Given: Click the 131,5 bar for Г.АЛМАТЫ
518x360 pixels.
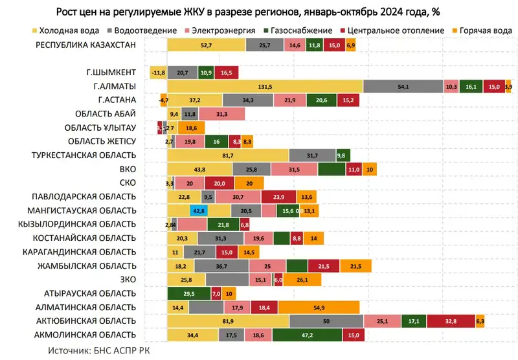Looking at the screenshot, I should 265,86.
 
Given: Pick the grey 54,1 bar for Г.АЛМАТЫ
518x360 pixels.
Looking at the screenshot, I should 403,86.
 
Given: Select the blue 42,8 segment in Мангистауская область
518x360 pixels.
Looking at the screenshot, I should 199,210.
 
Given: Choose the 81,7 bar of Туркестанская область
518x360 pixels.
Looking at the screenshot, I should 228,155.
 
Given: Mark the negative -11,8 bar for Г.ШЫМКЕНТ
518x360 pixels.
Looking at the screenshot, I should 159,73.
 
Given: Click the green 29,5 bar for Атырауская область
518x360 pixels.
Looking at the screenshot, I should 190,293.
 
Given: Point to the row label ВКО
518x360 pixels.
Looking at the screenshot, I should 128,169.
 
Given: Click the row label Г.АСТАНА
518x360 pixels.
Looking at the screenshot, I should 117,100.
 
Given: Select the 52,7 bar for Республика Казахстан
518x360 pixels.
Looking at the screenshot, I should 207,45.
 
